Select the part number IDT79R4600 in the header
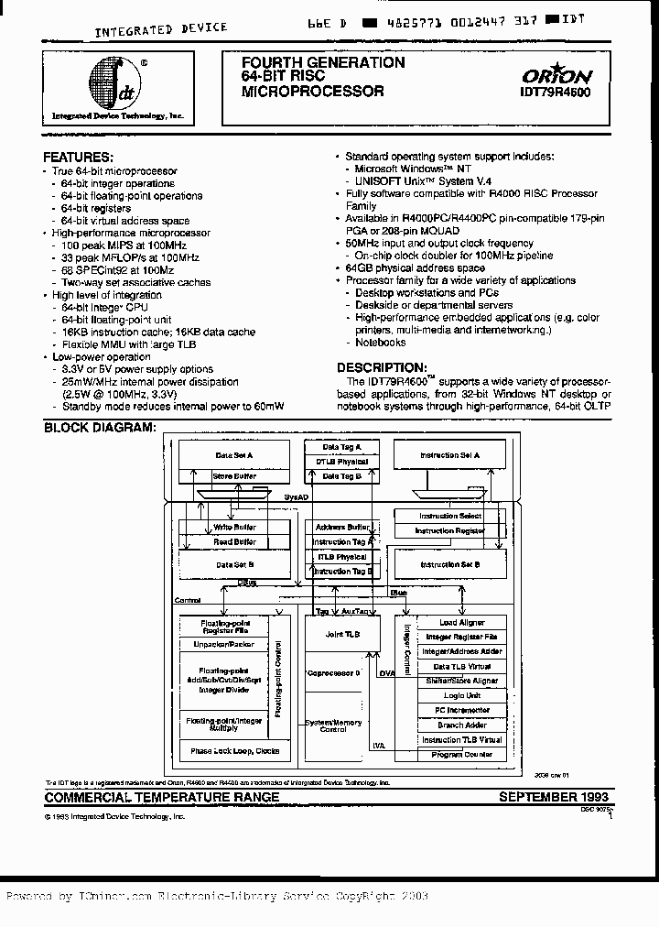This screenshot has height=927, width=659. [x=556, y=93]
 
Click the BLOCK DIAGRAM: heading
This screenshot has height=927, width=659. [x=100, y=428]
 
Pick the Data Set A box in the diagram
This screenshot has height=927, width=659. [x=233, y=454]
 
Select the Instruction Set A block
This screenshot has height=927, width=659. [x=448, y=454]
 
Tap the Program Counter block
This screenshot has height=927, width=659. [x=461, y=755]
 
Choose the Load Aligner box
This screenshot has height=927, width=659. [x=461, y=623]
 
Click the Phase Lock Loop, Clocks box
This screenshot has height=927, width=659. [x=234, y=751]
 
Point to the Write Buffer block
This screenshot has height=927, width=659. [x=234, y=528]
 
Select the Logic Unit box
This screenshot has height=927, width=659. [x=461, y=695]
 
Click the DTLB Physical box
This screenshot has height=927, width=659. [x=341, y=462]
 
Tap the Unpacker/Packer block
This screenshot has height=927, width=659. [x=224, y=644]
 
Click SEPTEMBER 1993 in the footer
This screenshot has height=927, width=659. [x=553, y=797]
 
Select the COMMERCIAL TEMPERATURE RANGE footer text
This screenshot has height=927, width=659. [x=162, y=798]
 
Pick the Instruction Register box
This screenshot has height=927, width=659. [x=448, y=530]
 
